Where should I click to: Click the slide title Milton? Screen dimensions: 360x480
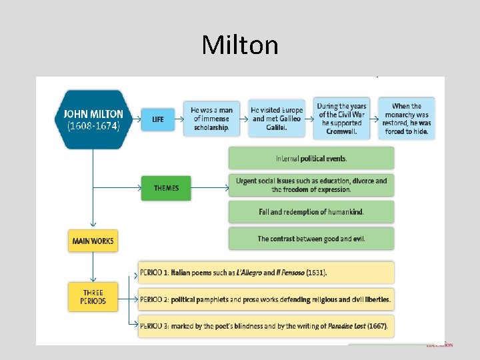pos(240,45)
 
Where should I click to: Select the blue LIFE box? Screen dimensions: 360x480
pos(158,119)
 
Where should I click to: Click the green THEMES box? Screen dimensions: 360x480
pos(166,188)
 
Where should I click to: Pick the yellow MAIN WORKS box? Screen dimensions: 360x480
pos(93,241)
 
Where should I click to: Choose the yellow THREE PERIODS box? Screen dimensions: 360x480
pos(93,297)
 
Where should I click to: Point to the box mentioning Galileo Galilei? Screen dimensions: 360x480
pos(277,119)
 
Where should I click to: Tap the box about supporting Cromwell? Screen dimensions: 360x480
pos(341,119)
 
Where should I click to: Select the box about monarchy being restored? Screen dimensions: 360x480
pos(407,119)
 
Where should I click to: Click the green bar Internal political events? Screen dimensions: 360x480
pos(311,159)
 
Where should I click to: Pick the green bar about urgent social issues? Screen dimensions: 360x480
pos(311,185)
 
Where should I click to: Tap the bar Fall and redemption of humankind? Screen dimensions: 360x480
pos(311,212)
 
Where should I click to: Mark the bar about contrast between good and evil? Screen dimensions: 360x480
pos(311,239)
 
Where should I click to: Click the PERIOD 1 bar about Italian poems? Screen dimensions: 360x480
pos(265,273)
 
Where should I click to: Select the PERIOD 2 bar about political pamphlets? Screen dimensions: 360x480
pos(265,299)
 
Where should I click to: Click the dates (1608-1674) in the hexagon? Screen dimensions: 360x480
pos(89,126)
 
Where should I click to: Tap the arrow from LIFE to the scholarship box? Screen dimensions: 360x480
pos(180,119)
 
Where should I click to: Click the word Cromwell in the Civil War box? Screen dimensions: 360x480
pos(341,131)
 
